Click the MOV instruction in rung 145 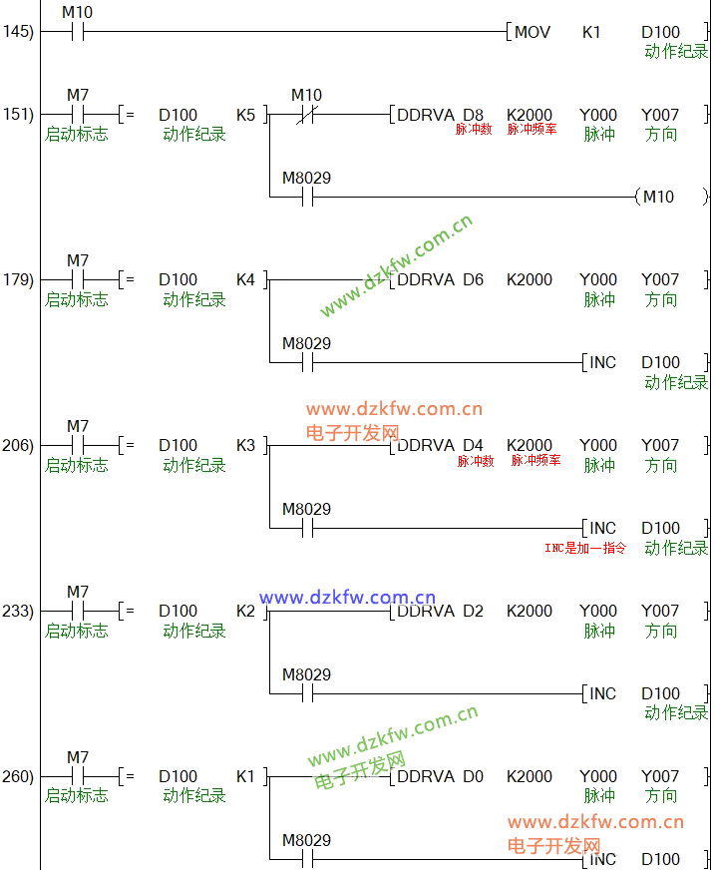(532, 32)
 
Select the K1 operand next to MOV (591, 32)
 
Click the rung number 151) (18, 115)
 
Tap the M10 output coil (658, 197)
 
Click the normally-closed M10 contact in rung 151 (307, 115)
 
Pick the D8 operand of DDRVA (474, 115)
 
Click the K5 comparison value (245, 115)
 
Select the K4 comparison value (245, 279)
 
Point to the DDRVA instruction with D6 (426, 279)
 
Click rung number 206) (18, 445)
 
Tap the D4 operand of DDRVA (474, 445)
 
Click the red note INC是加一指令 (584, 548)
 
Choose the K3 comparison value (245, 445)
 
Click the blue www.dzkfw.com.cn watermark (347, 597)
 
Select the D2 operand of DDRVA (474, 611)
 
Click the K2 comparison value (245, 611)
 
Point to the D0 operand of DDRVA (474, 776)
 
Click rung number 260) (18, 776)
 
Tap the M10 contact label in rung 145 (77, 12)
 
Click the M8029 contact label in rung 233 (306, 674)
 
